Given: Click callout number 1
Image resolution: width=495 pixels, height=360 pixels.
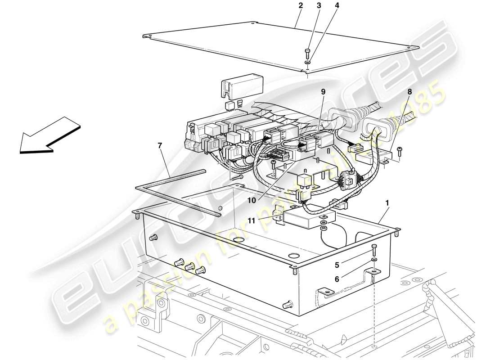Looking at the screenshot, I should [x=387, y=203].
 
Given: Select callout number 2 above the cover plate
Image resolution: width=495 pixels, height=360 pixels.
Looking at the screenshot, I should [x=300, y=6].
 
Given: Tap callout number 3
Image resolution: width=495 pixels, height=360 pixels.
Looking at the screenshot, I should [x=319, y=6].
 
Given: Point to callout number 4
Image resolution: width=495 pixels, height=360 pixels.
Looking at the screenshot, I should [x=337, y=6].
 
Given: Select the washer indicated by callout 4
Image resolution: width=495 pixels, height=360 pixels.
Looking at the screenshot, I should [x=309, y=63].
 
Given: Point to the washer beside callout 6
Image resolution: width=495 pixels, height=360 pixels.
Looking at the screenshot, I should [x=374, y=261].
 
